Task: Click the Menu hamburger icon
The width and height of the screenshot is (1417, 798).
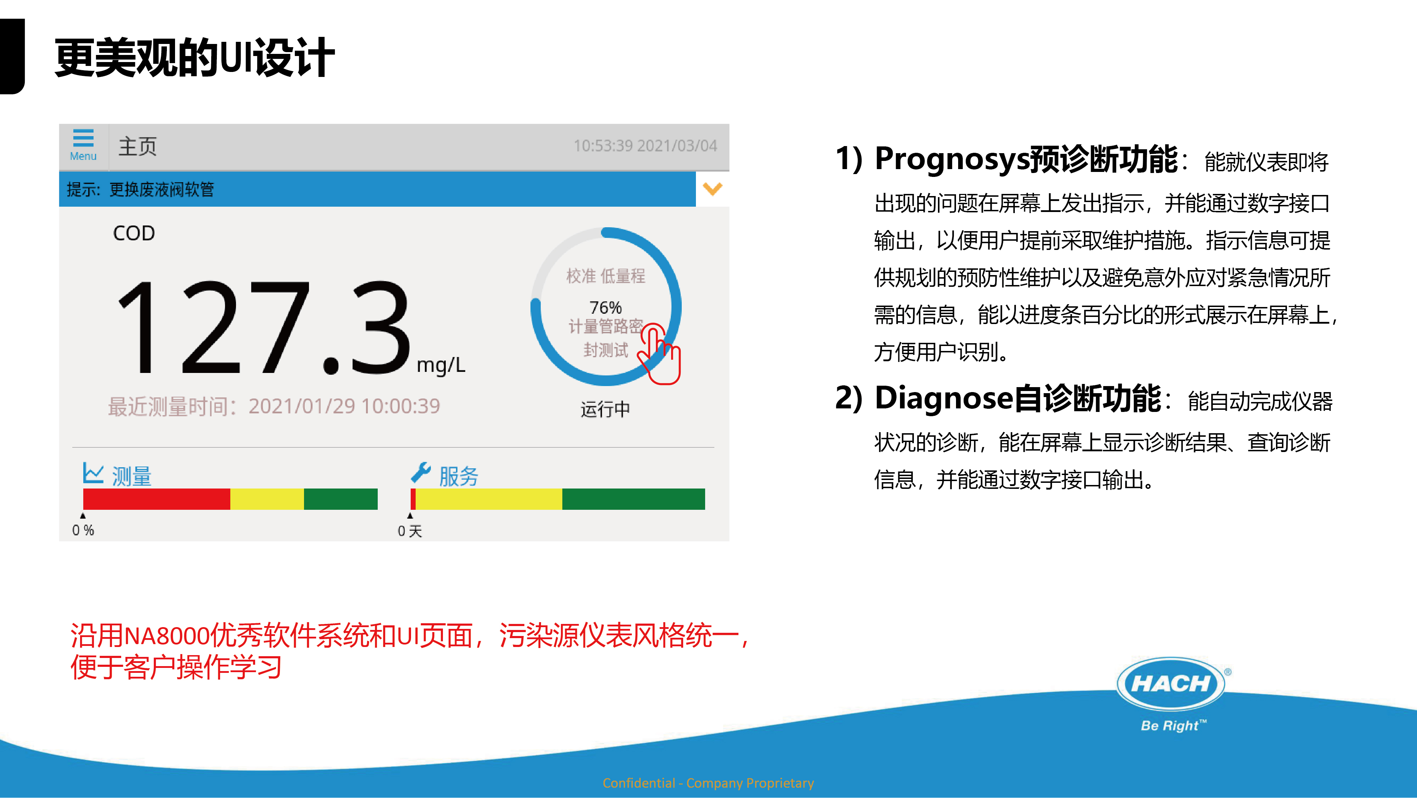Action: pyautogui.click(x=83, y=138)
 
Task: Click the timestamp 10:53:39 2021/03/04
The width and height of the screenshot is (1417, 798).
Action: pyautogui.click(x=645, y=146)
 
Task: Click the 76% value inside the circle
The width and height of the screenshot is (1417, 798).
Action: pyautogui.click(x=605, y=307)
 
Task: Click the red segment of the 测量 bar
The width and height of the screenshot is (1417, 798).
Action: pyautogui.click(x=157, y=499)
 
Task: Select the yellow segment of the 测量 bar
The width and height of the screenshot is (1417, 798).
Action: pyautogui.click(x=267, y=499)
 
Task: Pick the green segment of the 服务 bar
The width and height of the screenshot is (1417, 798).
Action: pyautogui.click(x=633, y=499)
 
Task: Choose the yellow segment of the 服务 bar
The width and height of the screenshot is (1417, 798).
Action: pyautogui.click(x=489, y=499)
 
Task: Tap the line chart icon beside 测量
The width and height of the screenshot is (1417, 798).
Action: pyautogui.click(x=93, y=473)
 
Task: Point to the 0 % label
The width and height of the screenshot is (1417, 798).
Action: pyautogui.click(x=83, y=531)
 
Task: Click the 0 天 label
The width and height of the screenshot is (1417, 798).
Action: pyautogui.click(x=410, y=531)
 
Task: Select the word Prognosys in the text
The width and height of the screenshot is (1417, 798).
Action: pyautogui.click(x=952, y=160)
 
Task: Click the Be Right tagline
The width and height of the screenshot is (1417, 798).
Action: pyautogui.click(x=1173, y=725)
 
